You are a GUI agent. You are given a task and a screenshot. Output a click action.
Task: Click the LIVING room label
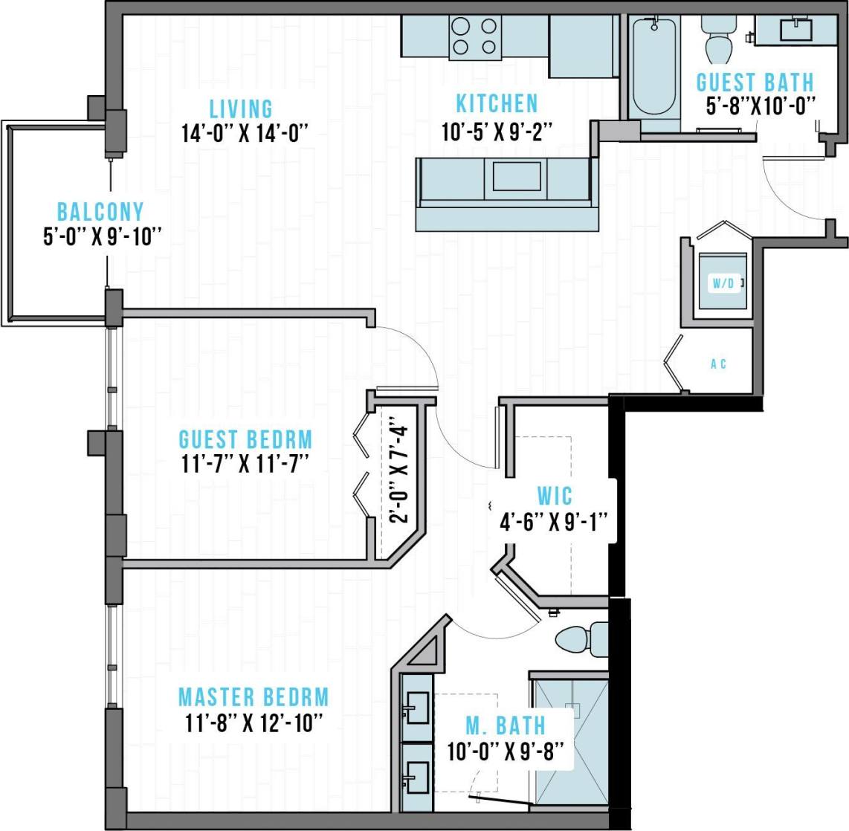240,109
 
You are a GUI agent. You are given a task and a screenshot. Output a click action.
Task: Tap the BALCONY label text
100,212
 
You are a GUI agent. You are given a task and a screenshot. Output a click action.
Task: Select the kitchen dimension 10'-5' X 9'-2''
496,132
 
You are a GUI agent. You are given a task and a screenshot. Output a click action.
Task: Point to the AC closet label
718,364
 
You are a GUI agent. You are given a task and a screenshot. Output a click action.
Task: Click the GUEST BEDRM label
245,439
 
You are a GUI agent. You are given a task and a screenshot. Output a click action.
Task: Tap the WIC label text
555,496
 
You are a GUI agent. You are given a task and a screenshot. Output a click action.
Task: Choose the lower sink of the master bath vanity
417,775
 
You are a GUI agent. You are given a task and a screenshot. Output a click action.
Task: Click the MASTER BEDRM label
254,697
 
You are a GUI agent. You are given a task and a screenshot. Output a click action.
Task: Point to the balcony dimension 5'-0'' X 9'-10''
103,237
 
